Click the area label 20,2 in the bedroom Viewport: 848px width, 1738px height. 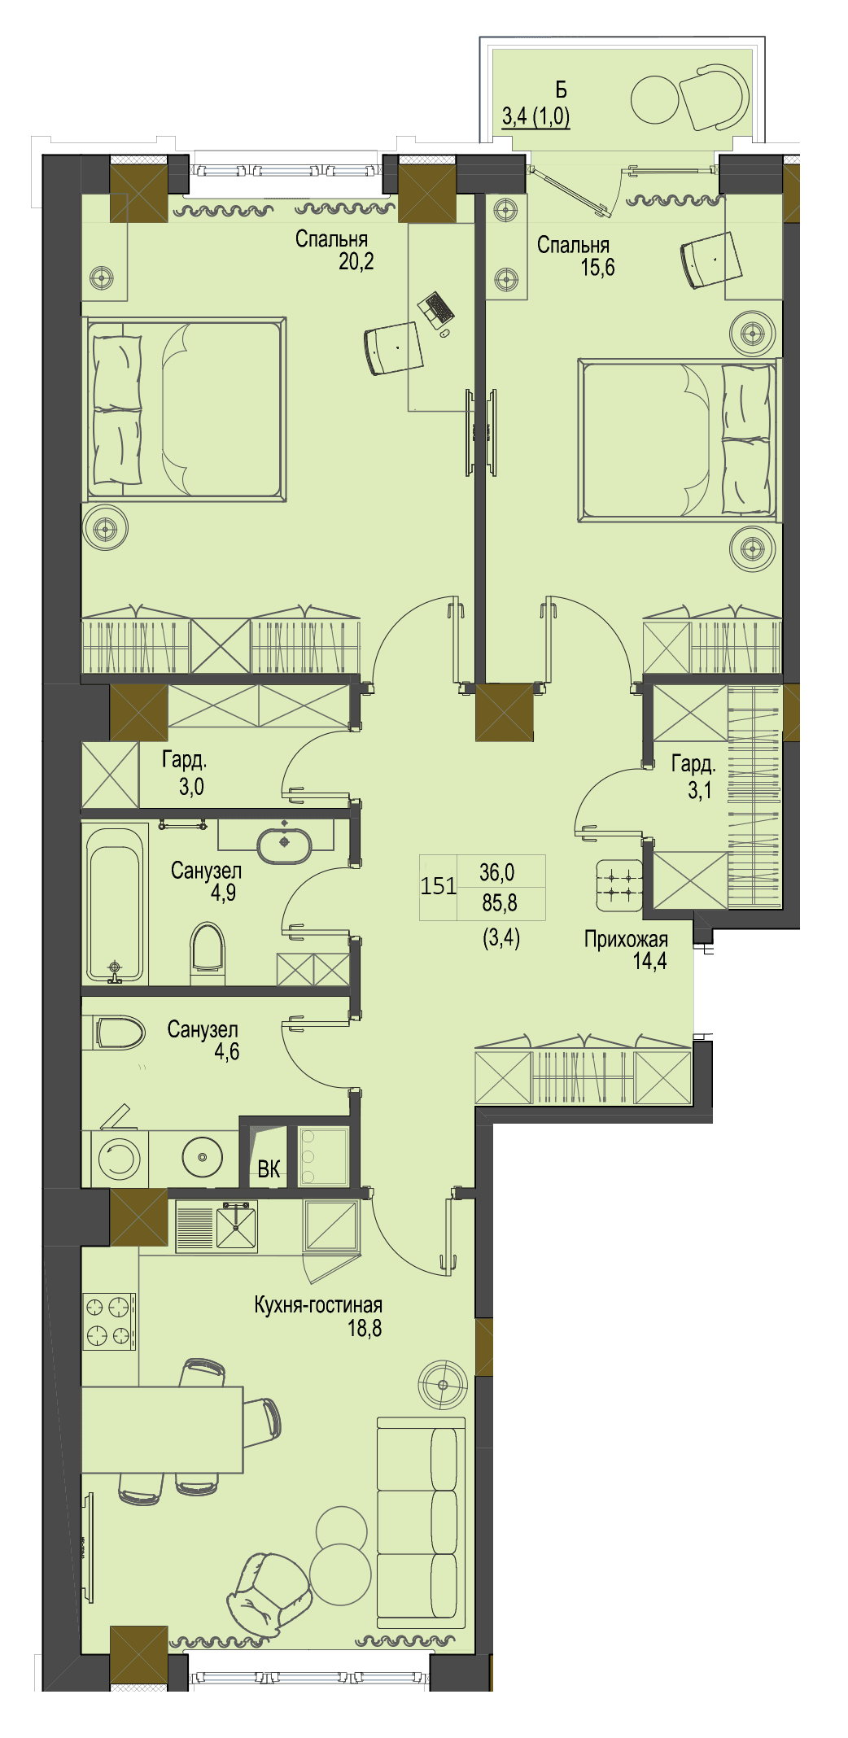[356, 261]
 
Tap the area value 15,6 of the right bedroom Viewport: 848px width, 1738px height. [597, 267]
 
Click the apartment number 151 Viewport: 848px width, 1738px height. [438, 885]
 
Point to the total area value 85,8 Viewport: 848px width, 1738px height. [500, 902]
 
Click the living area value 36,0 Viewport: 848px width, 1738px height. [497, 872]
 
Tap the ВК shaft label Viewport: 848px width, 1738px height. [269, 1169]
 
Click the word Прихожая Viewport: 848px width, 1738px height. [626, 940]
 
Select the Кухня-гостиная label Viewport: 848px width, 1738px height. [318, 1305]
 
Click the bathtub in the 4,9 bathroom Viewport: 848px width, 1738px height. [116, 905]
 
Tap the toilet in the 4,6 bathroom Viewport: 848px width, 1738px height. [119, 1032]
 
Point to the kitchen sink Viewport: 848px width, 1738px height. [235, 1226]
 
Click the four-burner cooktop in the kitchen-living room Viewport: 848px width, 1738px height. [109, 1321]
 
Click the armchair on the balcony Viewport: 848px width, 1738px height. [714, 98]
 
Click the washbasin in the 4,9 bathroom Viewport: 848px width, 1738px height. [284, 845]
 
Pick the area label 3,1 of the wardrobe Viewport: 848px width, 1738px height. [700, 790]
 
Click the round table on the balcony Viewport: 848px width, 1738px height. [654, 100]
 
